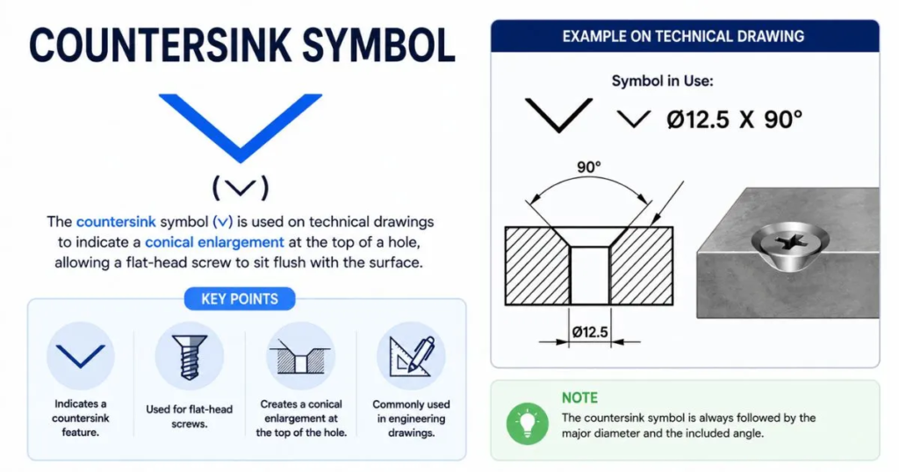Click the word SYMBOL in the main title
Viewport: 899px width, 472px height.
pos(378,45)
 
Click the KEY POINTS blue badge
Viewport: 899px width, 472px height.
pos(240,299)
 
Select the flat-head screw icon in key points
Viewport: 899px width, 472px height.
pos(190,356)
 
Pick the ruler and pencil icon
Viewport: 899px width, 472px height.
pos(411,356)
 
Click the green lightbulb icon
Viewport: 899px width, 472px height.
pos(527,425)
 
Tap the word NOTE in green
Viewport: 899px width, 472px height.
pos(579,398)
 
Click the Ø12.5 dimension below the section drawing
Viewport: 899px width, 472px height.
pos(590,332)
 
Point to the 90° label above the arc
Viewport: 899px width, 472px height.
pos(589,168)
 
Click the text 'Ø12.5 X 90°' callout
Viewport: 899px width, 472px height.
pos(735,119)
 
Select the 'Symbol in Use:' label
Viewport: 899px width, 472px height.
pos(662,81)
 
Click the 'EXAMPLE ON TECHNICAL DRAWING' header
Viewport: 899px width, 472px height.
pos(683,37)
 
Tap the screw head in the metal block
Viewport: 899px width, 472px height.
pos(790,240)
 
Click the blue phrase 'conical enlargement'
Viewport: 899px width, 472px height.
pos(214,242)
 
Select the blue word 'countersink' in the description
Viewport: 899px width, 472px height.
pos(116,222)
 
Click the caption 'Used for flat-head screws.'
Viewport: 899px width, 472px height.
pos(190,417)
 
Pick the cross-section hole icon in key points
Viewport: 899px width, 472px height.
pos(300,356)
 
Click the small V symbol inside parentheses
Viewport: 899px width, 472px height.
pos(241,188)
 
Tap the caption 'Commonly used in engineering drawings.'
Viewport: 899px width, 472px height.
pos(411,418)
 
